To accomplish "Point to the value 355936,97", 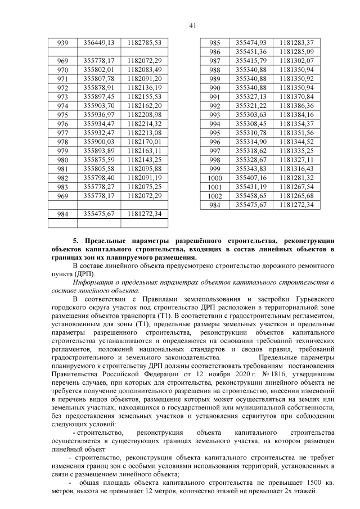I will (99, 114).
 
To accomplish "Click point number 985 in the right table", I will (214, 43).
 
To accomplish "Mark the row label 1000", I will (215, 178).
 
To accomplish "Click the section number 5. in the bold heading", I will (77, 240).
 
